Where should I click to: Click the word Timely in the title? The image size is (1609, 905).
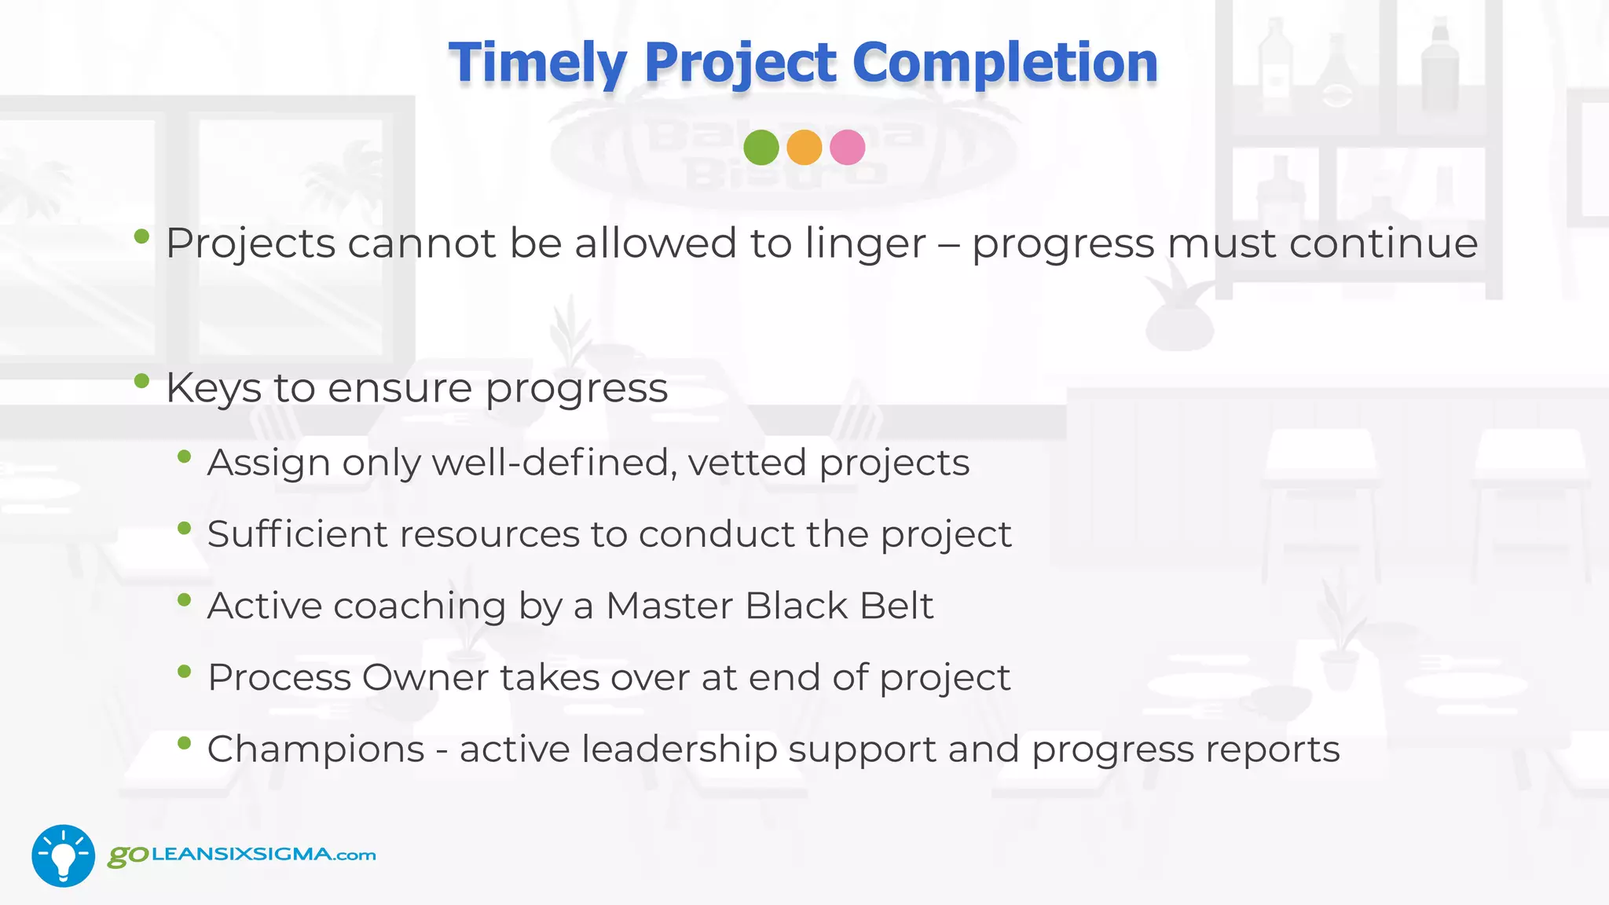pos(537,63)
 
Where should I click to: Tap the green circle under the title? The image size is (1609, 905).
pos(761,148)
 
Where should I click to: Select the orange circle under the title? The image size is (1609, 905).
pos(804,148)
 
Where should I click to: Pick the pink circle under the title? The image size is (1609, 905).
pos(847,148)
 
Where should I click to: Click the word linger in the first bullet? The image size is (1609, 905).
pos(865,244)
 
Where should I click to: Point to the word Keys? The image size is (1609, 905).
pos(213,388)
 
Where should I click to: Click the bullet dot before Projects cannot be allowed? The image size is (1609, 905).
pos(141,236)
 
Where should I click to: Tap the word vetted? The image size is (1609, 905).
pos(747,463)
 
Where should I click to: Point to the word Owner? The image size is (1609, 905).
pos(424,677)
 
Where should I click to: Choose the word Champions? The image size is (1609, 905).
pos(315,749)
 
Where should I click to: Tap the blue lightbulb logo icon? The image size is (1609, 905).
pos(63,856)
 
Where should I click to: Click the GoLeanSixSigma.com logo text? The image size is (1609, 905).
pos(242,855)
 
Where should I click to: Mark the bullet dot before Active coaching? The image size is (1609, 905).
pos(185,601)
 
